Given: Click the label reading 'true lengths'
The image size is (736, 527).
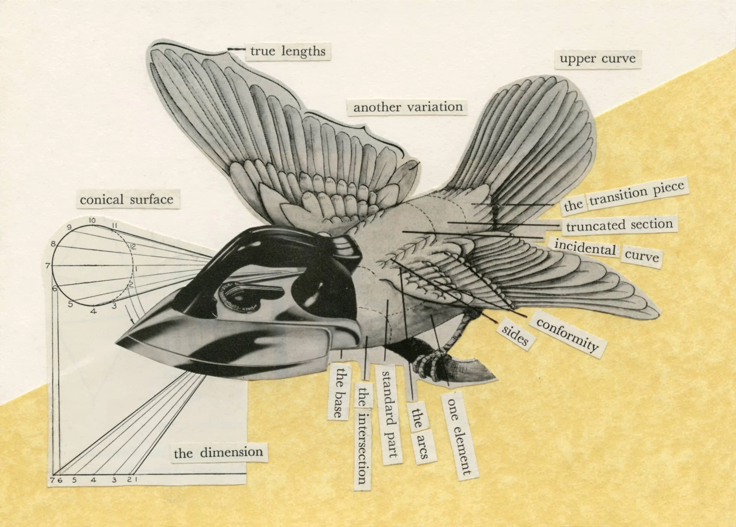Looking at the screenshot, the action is (288, 52).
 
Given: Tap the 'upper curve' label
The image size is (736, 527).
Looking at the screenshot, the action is (598, 58).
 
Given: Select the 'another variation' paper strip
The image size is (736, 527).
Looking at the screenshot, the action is (408, 107).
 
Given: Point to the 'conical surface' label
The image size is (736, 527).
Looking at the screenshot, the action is (126, 200).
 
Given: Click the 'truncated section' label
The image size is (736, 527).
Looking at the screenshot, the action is (619, 225).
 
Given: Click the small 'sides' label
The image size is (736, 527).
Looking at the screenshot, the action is (515, 335).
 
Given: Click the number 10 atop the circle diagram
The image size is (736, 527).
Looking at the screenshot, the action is (92, 220).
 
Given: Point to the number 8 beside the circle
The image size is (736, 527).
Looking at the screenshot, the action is (53, 243).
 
